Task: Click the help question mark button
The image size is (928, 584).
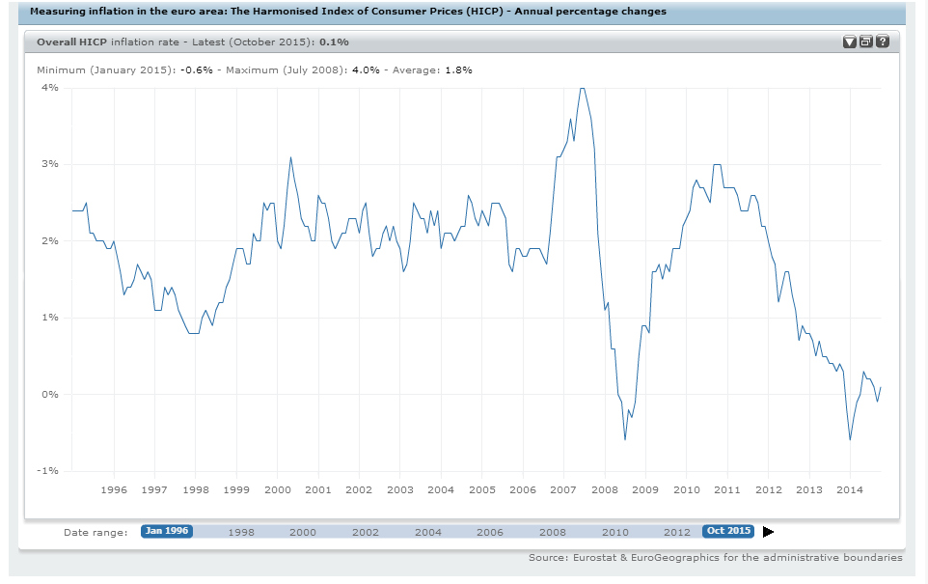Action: point(881,42)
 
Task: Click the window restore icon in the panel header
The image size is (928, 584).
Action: point(865,42)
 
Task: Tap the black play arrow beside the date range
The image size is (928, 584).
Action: point(768,531)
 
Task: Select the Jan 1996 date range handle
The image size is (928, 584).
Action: point(167,531)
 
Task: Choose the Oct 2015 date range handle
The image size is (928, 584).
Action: point(728,531)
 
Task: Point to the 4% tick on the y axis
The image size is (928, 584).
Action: point(49,88)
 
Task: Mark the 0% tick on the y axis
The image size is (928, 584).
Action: point(49,395)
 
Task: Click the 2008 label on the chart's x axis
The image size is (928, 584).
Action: point(605,490)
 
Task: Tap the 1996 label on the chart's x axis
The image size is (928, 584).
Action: point(114,490)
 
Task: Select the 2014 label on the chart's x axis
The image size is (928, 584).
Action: point(850,490)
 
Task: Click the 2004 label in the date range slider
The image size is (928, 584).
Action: point(427,532)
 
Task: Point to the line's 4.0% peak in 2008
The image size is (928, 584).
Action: point(581,88)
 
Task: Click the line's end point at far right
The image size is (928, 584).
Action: point(882,387)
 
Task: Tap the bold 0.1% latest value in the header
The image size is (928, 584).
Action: point(334,42)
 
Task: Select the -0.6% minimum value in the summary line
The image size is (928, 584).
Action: point(197,70)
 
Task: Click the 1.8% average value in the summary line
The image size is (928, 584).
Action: point(458,70)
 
